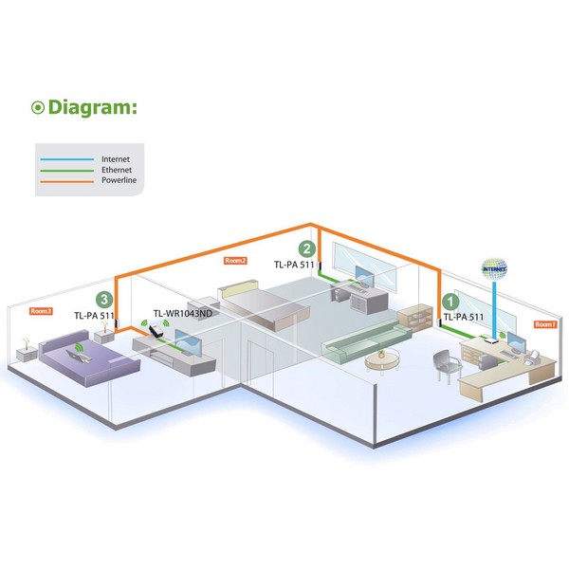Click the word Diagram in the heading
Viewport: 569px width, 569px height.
click(x=92, y=107)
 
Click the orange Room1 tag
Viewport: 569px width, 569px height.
click(x=544, y=324)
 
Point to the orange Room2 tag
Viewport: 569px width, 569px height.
click(x=235, y=259)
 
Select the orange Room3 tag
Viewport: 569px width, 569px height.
click(x=41, y=310)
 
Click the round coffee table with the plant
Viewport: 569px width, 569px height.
click(x=381, y=358)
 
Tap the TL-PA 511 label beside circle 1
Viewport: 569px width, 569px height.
click(x=464, y=318)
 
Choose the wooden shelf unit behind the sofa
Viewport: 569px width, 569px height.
click(x=415, y=321)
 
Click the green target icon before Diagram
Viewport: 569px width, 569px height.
click(x=39, y=107)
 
